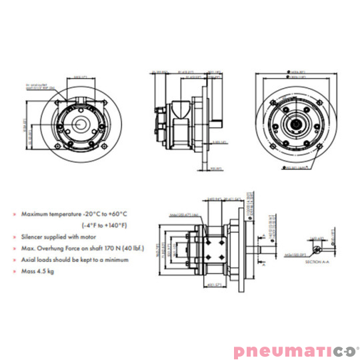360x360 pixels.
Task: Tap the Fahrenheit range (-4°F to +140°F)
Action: (87, 225)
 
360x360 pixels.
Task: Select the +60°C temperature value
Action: (113, 215)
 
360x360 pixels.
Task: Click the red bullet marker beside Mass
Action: (15, 270)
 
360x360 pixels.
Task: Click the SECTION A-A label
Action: (314, 263)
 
